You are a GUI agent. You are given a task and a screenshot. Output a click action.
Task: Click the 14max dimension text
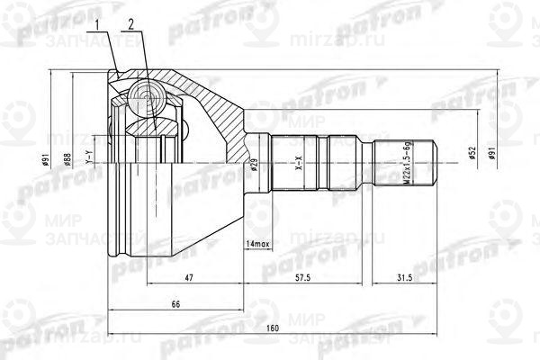[256, 245]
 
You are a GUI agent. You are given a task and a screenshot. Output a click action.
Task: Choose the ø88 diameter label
[68, 162]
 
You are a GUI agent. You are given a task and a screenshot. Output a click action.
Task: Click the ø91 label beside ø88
[44, 162]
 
